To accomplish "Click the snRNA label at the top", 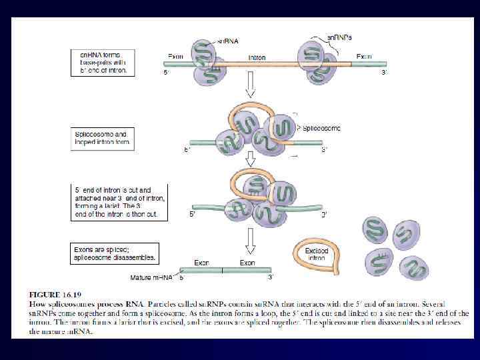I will (227, 41).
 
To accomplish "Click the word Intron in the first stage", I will (257, 57).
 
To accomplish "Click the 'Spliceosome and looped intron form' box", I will (103, 139).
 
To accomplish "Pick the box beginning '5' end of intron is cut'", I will (119, 202).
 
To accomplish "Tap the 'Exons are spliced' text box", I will (115, 253).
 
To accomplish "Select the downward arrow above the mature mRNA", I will (251, 241).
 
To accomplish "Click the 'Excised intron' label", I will (317, 254).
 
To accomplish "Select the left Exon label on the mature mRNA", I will (201, 263).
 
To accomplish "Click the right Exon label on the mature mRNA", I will (247, 263).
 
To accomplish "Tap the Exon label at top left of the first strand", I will (176, 57).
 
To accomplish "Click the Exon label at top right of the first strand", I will (364, 57).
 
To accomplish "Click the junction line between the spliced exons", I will (222, 270).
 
